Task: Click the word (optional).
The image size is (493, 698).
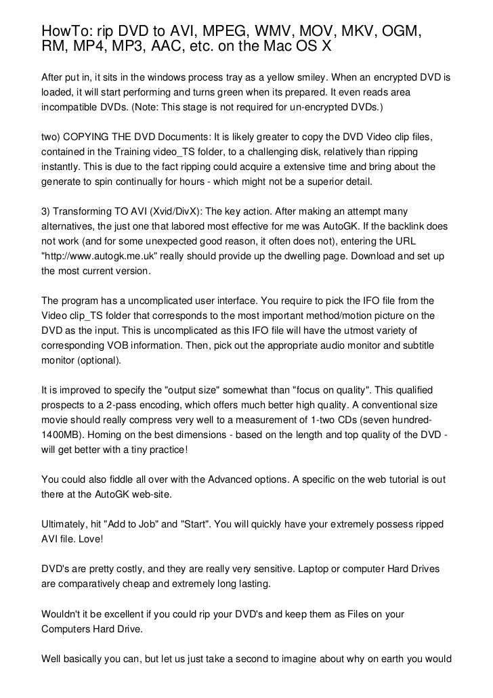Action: (x=97, y=361)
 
